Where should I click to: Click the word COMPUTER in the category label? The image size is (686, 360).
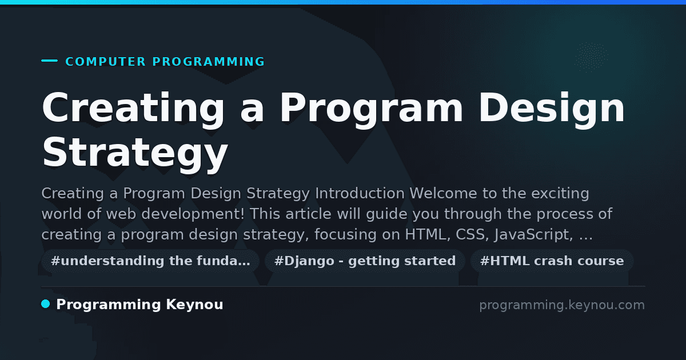click(x=105, y=62)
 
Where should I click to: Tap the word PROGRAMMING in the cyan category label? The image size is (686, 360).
click(x=208, y=62)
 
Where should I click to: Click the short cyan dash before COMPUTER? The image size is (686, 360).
click(x=49, y=61)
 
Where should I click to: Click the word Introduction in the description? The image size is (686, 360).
click(x=360, y=194)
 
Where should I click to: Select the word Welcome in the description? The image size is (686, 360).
click(x=444, y=194)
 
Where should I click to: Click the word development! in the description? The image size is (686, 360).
click(x=193, y=214)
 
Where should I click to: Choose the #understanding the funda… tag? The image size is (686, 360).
click(x=150, y=261)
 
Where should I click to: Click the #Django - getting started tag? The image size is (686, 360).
click(x=365, y=261)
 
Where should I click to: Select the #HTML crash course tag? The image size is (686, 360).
click(x=552, y=261)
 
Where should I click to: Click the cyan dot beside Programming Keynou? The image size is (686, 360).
click(x=45, y=304)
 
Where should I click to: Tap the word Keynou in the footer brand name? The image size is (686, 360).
click(x=194, y=305)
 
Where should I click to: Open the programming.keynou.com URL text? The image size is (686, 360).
click(x=562, y=305)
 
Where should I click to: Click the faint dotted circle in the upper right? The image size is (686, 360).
click(x=591, y=57)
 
